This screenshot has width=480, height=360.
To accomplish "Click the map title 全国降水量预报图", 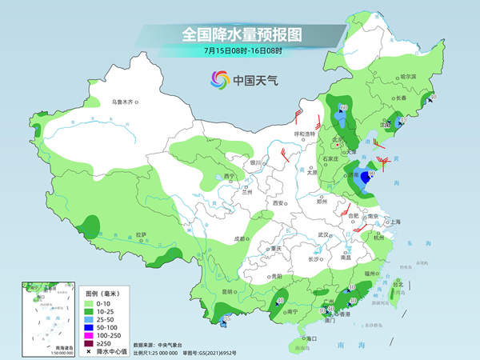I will (x=239, y=34).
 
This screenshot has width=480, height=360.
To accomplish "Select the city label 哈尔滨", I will (x=407, y=76).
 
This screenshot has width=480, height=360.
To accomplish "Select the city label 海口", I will (x=304, y=339).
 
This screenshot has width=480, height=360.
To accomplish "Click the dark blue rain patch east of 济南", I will (x=366, y=178).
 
